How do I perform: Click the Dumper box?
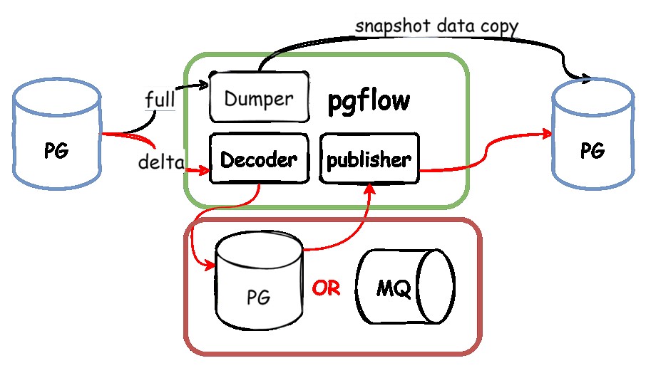coord(260,98)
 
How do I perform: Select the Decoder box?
coord(258,159)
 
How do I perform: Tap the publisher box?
coord(368,159)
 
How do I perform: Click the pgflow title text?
coord(369,101)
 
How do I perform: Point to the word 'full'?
coord(159,99)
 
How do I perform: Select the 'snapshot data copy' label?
coord(436,26)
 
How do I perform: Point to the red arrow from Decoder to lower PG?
coord(214,221)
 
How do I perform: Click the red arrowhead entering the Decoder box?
coord(204,170)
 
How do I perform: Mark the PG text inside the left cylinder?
coord(57,152)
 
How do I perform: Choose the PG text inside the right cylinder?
coord(593,151)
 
